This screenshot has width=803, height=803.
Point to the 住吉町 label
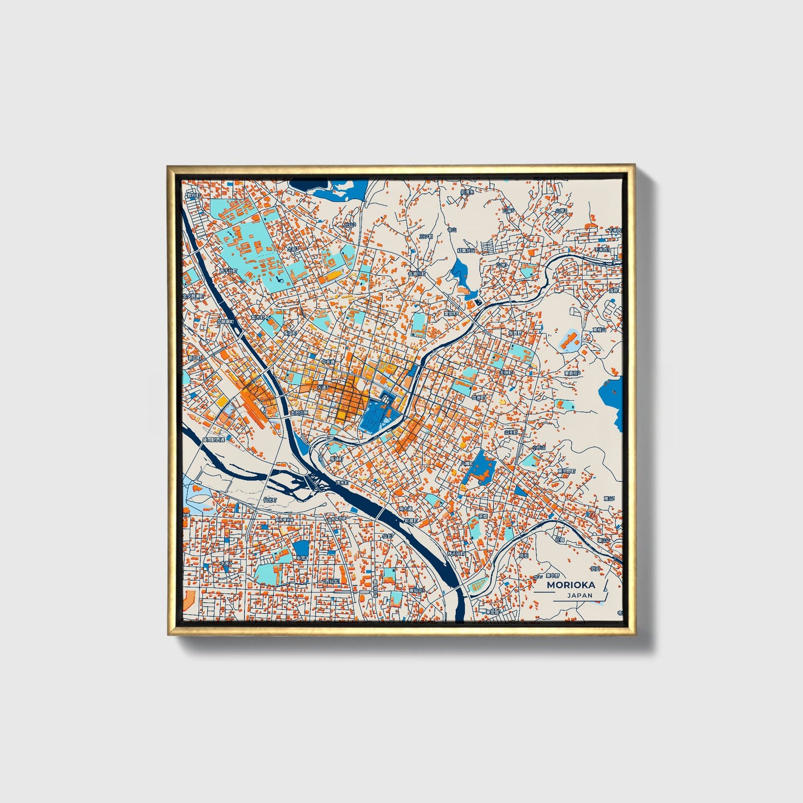pyautogui.click(x=478, y=398)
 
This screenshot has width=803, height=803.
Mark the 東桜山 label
pyautogui.click(x=598, y=330)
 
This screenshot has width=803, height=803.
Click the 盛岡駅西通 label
pyautogui.click(x=213, y=440)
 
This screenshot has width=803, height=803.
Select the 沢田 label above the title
pyautogui.click(x=595, y=568)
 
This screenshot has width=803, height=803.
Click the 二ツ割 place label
pyautogui.click(x=426, y=236)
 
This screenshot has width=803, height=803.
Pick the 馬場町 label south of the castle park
pyautogui.click(x=337, y=460)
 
